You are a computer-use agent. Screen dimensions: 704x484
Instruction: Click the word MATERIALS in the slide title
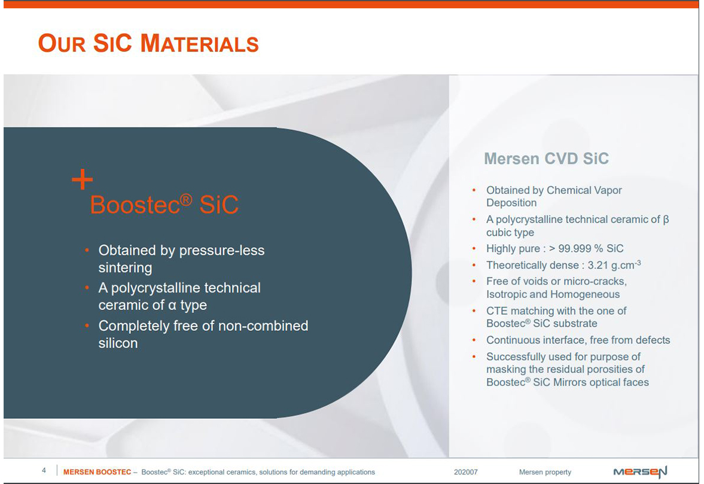[199, 44]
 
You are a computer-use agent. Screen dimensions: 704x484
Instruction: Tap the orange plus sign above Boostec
[82, 179]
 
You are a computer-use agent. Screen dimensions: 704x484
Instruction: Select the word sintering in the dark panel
[125, 267]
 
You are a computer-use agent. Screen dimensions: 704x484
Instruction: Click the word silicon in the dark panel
[118, 343]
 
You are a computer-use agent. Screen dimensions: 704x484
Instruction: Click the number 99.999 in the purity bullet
[575, 248]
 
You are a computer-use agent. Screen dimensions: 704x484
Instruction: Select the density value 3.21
[598, 265]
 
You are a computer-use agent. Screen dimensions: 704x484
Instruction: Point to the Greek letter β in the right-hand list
[666, 220]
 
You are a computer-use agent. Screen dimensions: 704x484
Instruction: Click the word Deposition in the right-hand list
[511, 203]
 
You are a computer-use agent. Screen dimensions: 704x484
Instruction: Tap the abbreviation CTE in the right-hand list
[497, 311]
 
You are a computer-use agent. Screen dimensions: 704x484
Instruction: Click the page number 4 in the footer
[44, 470]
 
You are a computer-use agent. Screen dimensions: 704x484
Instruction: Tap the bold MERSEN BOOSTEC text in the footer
[97, 472]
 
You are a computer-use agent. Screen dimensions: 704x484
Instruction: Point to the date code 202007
[465, 472]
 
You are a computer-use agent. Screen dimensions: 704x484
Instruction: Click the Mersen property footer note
[545, 472]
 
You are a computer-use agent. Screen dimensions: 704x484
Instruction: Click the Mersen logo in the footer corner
[640, 472]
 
